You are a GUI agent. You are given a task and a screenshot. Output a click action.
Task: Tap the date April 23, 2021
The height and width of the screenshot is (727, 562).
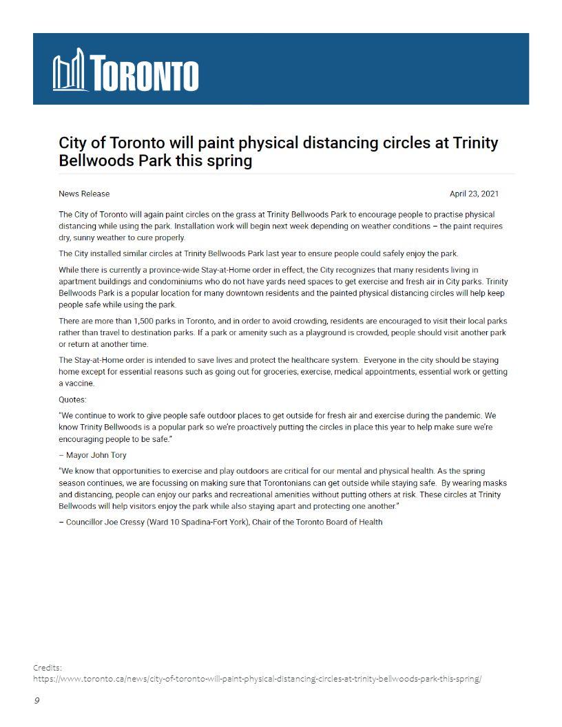coord(474,193)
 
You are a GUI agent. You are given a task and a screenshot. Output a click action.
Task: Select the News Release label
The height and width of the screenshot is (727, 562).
coord(84,193)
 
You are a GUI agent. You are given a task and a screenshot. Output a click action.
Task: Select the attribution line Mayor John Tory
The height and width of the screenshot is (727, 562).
coord(96,455)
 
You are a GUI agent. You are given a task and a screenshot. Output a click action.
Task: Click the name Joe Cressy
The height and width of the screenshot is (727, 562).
coord(129,522)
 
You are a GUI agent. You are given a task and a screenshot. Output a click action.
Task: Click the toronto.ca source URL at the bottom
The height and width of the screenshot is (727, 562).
coord(257,678)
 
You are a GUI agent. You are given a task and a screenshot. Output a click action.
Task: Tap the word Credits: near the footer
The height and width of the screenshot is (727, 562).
coord(48,667)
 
